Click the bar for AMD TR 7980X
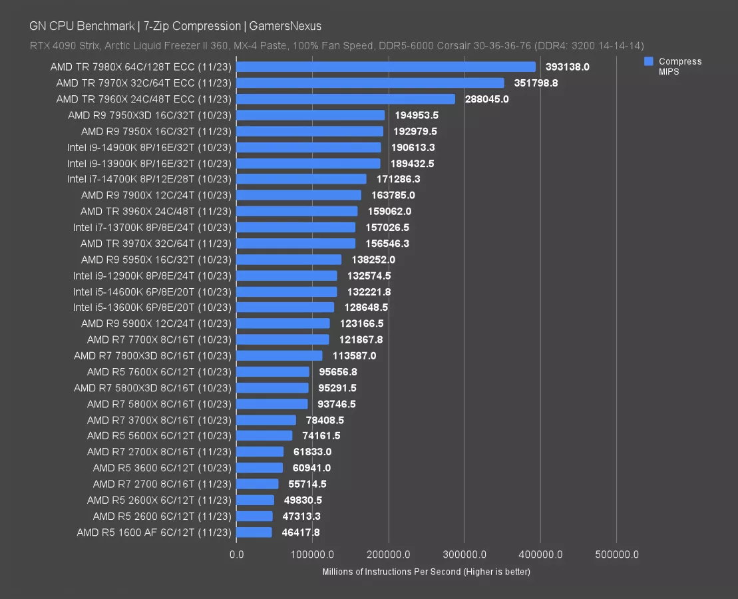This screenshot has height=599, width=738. [x=386, y=67]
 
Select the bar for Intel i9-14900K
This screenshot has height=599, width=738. [x=309, y=147]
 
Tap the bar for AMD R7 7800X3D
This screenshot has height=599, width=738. [x=279, y=355]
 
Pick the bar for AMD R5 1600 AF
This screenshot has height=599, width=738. [x=254, y=532]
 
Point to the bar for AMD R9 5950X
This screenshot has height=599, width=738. [x=289, y=260]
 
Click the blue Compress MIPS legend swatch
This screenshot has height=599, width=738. [x=648, y=61]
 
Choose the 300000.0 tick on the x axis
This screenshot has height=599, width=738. [x=464, y=554]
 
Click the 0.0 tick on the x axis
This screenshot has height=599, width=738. [x=236, y=554]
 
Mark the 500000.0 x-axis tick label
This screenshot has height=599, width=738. [x=616, y=554]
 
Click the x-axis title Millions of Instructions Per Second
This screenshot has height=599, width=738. [x=426, y=572]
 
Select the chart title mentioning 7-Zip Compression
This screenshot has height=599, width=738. [x=175, y=27]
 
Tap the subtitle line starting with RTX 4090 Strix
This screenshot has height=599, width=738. [x=336, y=46]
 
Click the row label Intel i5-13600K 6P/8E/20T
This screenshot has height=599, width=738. [x=152, y=307]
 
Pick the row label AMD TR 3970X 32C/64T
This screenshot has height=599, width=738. [x=156, y=244]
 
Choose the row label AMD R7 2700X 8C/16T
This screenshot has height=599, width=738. [x=159, y=452]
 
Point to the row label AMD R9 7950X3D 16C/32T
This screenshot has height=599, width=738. [x=150, y=115]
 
